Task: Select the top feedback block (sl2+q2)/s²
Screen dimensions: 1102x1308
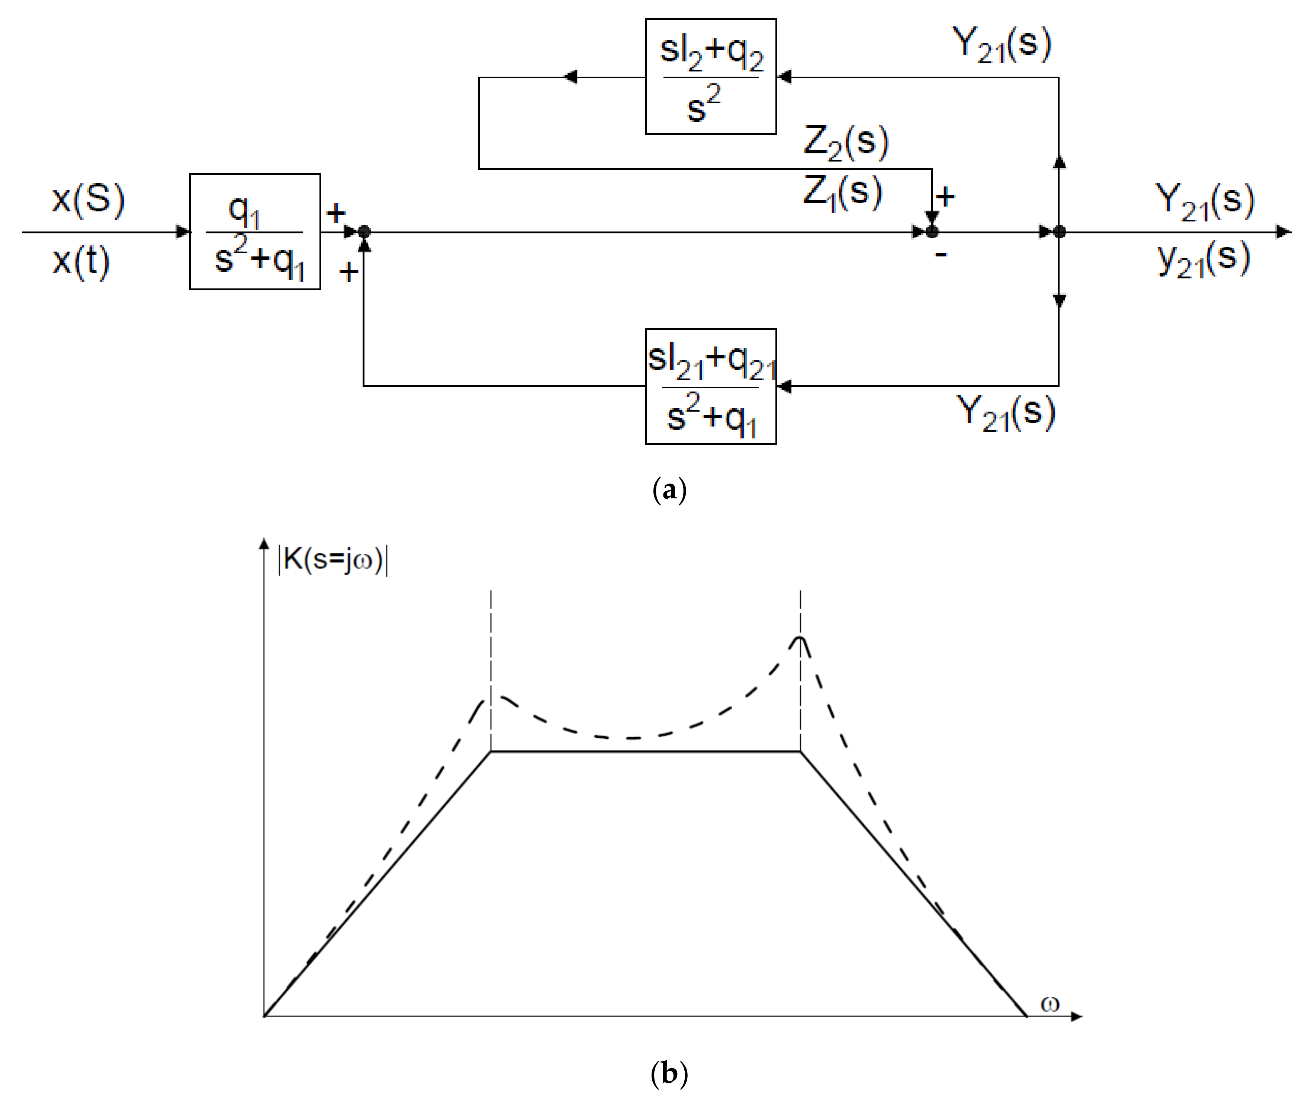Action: pyautogui.click(x=710, y=76)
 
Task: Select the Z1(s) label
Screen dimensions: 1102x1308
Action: pyautogui.click(x=842, y=191)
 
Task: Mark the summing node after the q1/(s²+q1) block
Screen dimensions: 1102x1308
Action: pyautogui.click(x=364, y=232)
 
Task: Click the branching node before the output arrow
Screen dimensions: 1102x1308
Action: pyautogui.click(x=1059, y=232)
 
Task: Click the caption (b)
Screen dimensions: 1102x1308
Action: pyautogui.click(x=669, y=1073)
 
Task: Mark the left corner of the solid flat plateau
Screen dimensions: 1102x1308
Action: pyautogui.click(x=491, y=751)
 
